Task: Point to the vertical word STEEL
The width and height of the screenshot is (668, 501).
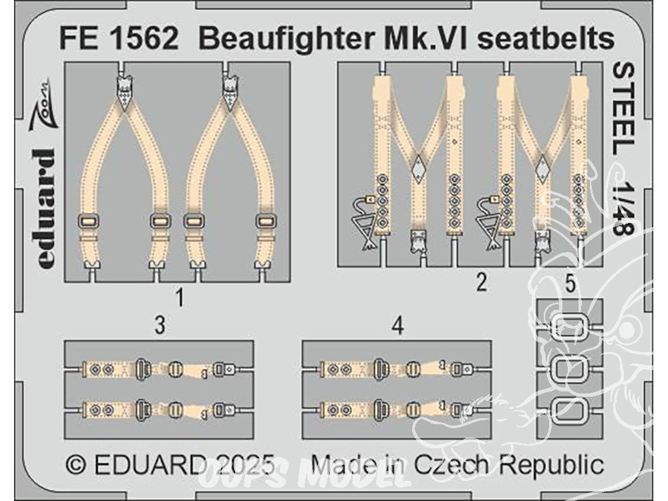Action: [x=624, y=110]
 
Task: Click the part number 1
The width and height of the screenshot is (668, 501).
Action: [x=180, y=297]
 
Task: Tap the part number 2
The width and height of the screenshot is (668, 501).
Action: [x=482, y=282]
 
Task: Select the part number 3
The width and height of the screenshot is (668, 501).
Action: [x=160, y=325]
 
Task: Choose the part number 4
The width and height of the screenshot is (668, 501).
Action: [x=397, y=326]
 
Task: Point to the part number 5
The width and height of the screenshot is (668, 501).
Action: [x=570, y=284]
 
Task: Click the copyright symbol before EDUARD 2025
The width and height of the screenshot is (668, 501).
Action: [x=76, y=465]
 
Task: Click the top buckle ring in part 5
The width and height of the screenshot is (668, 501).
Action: [x=569, y=327]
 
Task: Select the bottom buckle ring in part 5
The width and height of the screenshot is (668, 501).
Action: [x=569, y=410]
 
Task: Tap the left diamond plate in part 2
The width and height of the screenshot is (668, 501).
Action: [x=419, y=168]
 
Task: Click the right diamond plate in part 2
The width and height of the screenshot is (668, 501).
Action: [x=542, y=168]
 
